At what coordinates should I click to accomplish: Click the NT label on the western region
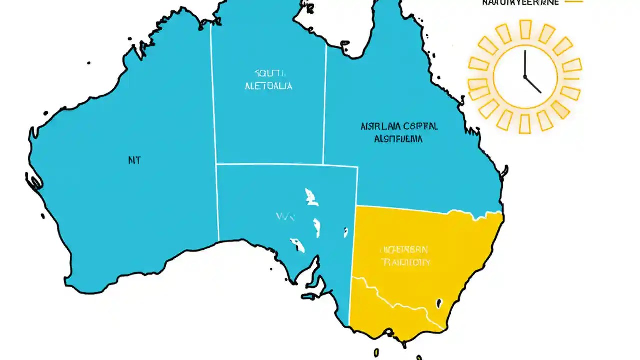(134, 160)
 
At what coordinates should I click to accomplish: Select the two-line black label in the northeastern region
(399, 132)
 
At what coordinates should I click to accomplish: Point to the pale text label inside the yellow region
(405, 255)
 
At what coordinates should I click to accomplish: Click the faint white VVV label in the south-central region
(285, 217)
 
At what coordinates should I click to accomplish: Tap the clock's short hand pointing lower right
(533, 85)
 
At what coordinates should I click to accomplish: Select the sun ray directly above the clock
(525, 29)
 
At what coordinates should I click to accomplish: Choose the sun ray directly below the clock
(525, 124)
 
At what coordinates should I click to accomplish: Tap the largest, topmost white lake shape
(311, 197)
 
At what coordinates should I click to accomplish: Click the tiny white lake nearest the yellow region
(345, 232)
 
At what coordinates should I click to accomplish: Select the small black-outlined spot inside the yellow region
(439, 303)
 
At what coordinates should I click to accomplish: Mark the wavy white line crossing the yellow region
(395, 300)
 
